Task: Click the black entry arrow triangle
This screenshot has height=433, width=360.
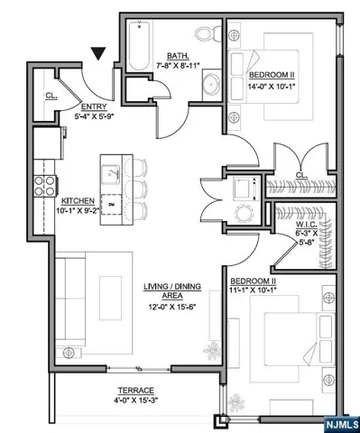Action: (98, 53)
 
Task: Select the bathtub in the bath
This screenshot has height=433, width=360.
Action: (139, 46)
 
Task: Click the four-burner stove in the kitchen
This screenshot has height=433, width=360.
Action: (45, 186)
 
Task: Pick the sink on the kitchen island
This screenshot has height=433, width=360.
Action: (111, 174)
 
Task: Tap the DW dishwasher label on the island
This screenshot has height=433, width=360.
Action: (112, 205)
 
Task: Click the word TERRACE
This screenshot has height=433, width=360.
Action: (136, 391)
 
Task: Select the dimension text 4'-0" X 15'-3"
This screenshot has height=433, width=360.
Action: (136, 401)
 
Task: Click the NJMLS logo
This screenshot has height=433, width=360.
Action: (342, 425)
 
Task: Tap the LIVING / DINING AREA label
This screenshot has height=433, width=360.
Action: (172, 290)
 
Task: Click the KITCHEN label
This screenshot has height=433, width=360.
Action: (78, 201)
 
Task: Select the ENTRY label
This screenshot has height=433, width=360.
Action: (94, 106)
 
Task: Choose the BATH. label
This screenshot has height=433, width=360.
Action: (178, 56)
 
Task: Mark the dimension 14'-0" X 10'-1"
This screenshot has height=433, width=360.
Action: (272, 87)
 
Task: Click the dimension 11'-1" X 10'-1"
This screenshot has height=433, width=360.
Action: (254, 290)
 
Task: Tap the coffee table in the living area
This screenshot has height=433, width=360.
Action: (111, 299)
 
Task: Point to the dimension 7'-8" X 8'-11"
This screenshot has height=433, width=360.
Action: (179, 66)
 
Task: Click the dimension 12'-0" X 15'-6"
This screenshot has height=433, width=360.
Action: (172, 308)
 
